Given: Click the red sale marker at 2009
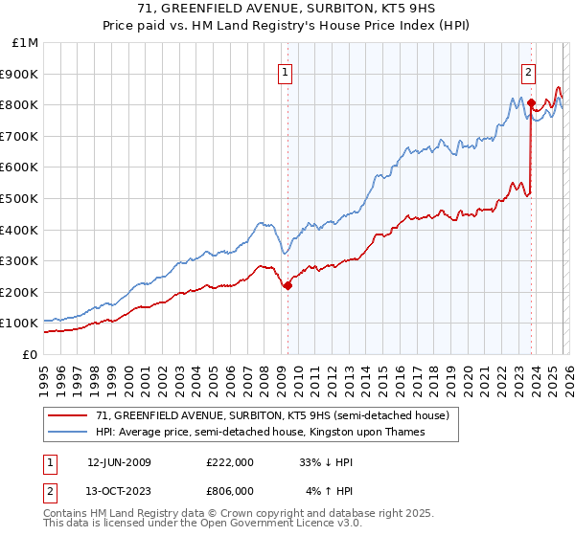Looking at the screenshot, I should coord(287,284).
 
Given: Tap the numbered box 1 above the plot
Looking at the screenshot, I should coord(286,70).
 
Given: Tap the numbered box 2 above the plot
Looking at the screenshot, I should coord(528,70).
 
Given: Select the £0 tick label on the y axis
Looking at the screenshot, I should coord(30,354).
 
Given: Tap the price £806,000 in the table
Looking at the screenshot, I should coord(230,490).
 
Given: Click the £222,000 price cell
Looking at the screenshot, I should coord(230,461).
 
